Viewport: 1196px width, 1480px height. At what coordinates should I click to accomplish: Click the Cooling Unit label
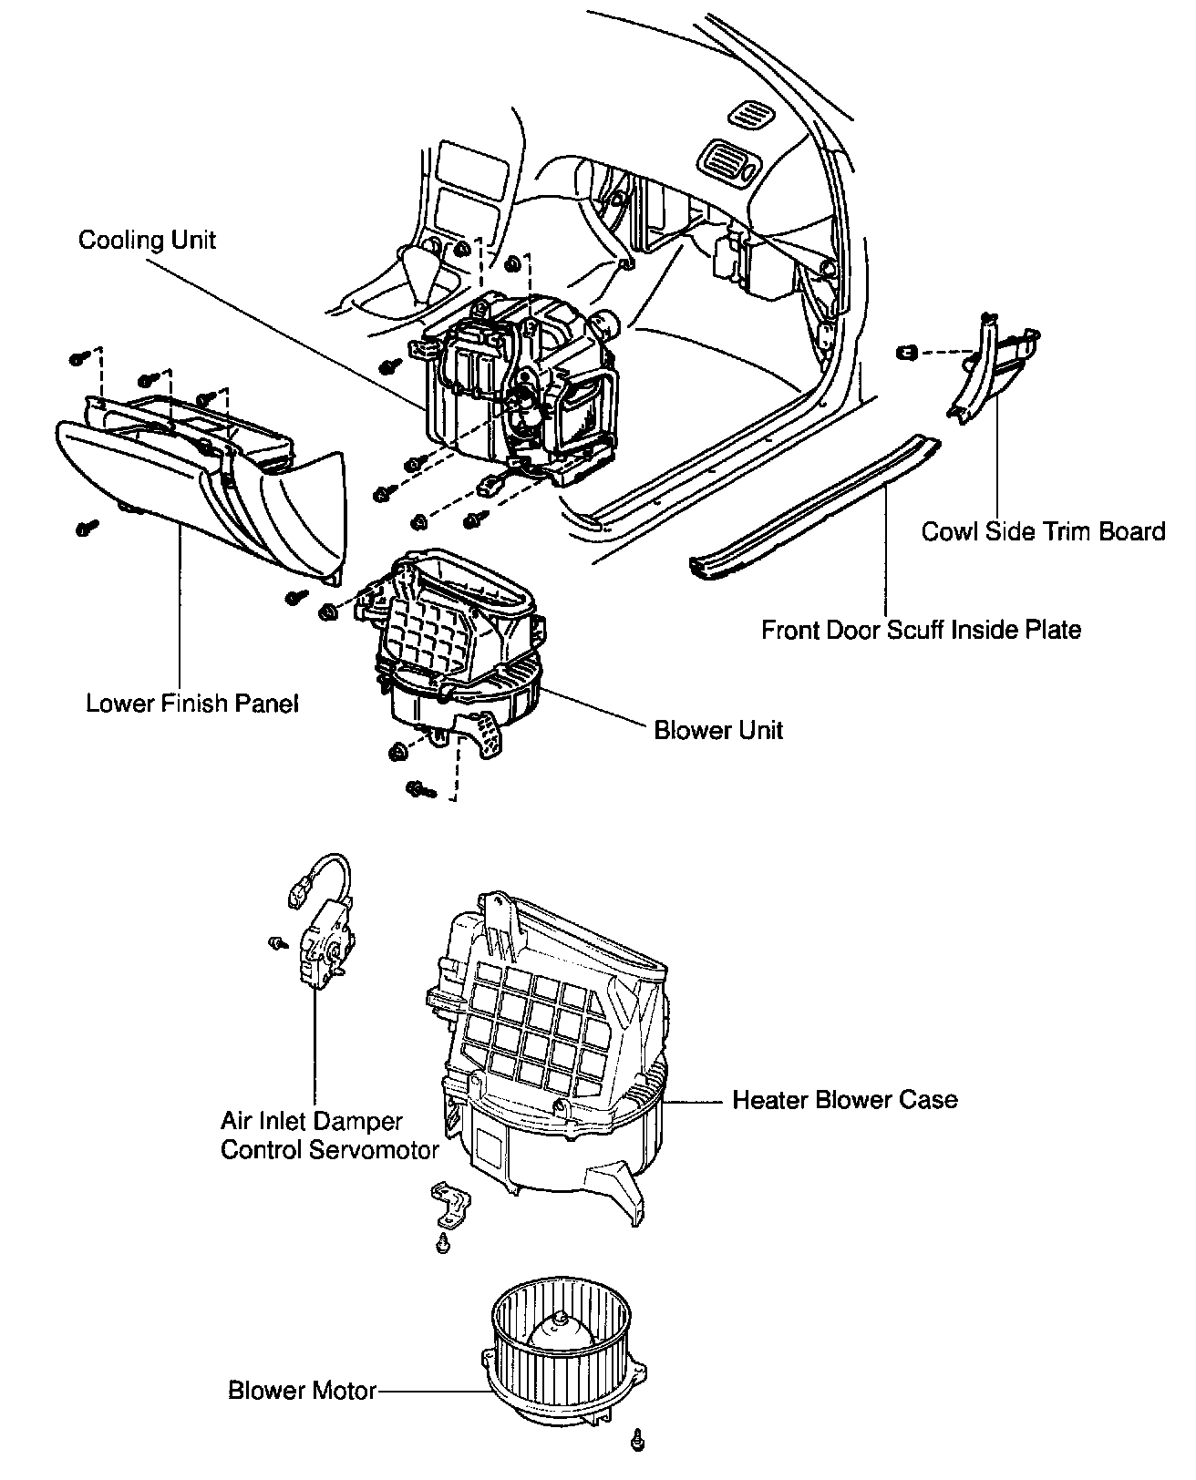(147, 241)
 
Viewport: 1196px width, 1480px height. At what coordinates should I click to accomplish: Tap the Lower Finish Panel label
(191, 704)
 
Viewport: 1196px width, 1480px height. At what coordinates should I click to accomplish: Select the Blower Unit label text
(718, 731)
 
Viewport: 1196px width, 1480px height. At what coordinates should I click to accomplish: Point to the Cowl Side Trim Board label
(1043, 532)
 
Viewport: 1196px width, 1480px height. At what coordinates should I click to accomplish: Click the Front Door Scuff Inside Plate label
(921, 630)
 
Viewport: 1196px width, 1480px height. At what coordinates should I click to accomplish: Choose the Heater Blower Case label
(844, 1100)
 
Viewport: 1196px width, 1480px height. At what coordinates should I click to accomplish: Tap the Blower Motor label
(302, 1391)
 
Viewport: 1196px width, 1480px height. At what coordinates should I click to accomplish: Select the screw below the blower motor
(637, 1440)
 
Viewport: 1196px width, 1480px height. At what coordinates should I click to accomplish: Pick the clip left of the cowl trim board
(906, 351)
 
